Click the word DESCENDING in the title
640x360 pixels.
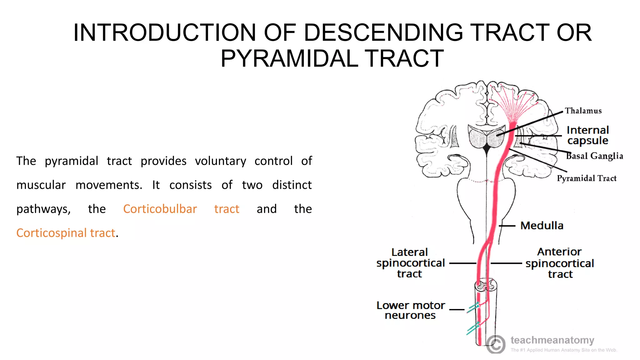[x=383, y=32]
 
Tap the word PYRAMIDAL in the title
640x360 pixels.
[x=289, y=59]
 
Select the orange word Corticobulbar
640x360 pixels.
[x=160, y=209]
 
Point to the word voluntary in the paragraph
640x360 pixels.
[x=220, y=161]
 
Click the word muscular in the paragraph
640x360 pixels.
[x=41, y=185]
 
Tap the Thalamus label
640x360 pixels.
[x=583, y=111]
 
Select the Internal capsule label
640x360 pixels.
[x=588, y=135]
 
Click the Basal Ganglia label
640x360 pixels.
[x=595, y=156]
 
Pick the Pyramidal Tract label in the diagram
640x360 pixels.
[x=587, y=178]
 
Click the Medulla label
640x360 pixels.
[x=542, y=226]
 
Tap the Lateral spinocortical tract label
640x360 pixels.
[x=410, y=263]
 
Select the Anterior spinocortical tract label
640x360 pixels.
[x=560, y=263]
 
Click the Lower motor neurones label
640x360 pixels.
[x=411, y=310]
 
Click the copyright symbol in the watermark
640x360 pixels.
[x=496, y=344]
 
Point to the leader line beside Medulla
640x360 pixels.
[x=507, y=226]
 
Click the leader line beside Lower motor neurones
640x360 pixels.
[x=457, y=310]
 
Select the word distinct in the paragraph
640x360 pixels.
[x=292, y=185]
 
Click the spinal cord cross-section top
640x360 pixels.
[x=486, y=285]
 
